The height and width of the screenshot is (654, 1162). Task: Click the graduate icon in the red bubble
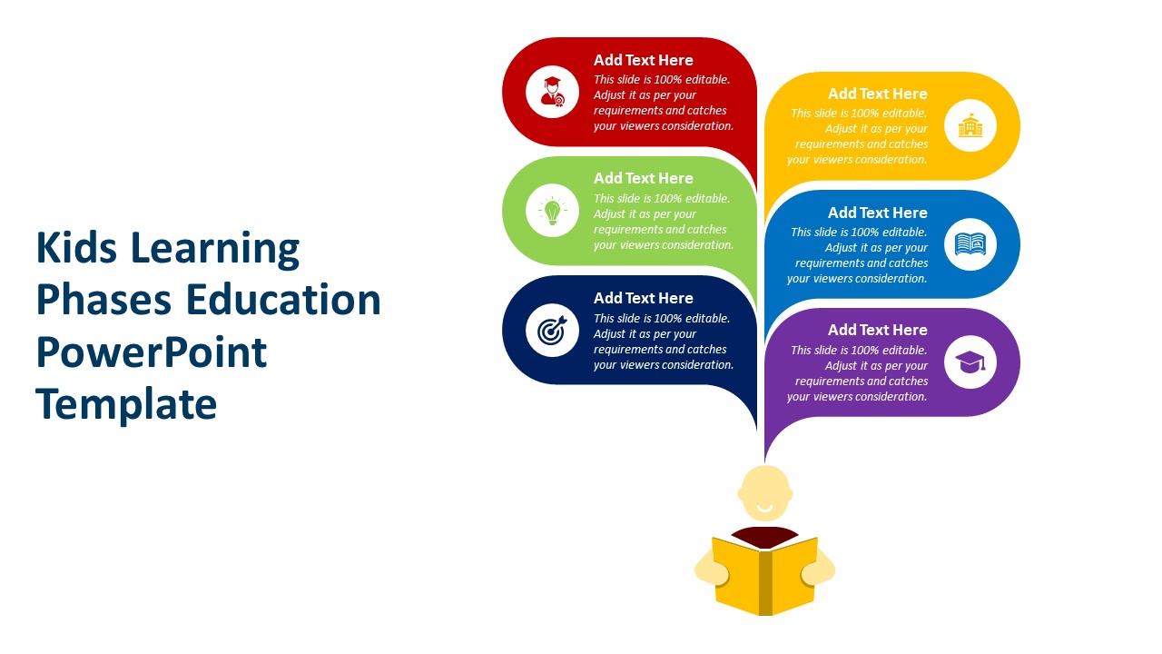click(552, 92)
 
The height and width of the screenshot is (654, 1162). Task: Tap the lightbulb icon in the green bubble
click(552, 211)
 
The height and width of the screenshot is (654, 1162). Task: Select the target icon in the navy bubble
click(552, 330)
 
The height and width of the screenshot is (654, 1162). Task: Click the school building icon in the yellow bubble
click(970, 125)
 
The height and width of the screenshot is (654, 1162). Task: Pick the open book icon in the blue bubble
click(970, 244)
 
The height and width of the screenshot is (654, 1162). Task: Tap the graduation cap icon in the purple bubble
click(970, 362)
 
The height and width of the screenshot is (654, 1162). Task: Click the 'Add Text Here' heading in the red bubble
click(644, 60)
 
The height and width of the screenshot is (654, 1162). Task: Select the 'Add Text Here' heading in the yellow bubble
click(877, 94)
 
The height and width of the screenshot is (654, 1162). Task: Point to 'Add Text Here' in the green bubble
click(644, 179)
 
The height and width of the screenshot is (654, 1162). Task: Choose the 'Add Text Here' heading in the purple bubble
click(877, 330)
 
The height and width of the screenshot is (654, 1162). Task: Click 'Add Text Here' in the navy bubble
click(644, 299)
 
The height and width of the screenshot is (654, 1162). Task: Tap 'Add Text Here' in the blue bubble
click(877, 213)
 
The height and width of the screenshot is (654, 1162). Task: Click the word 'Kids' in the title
click(76, 248)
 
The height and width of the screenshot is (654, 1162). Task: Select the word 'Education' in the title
click(283, 300)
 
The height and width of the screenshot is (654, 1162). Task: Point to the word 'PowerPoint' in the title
click(151, 352)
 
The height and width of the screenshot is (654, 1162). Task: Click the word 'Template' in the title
click(126, 404)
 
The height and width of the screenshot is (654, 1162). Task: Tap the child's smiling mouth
click(764, 508)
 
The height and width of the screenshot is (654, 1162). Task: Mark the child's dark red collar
click(764, 537)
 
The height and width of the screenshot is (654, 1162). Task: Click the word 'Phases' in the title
click(103, 300)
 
